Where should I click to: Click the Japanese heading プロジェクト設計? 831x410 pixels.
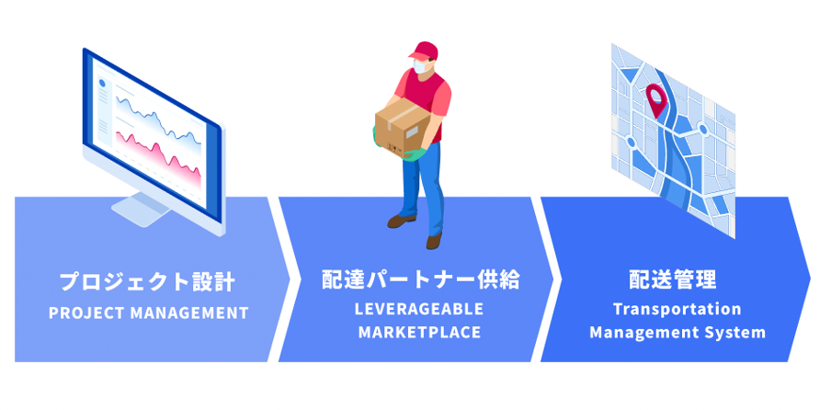pos(147,280)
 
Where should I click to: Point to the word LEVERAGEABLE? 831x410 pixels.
pos(419,308)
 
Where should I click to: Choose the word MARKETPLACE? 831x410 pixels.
pos(419,332)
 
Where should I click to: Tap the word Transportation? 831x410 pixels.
pos(677,309)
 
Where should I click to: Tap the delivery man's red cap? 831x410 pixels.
pos(424,51)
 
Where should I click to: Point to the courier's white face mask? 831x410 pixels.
pos(422,68)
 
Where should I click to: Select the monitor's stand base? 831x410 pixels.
pos(139,213)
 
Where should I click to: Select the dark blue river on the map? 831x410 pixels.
pos(673,161)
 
